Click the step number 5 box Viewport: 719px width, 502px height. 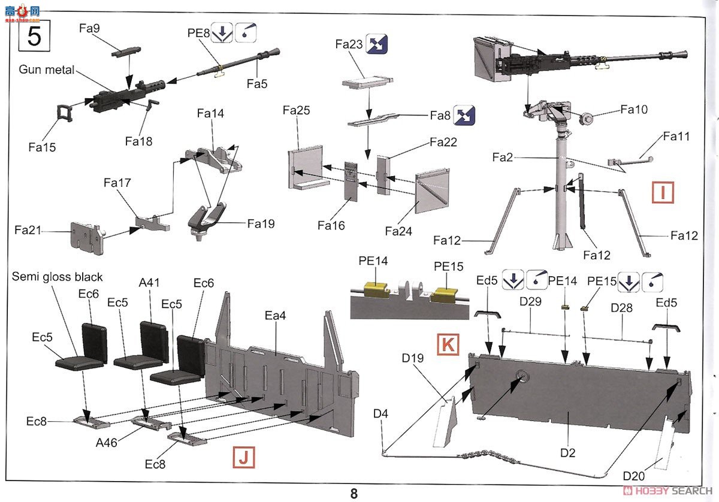click(35, 37)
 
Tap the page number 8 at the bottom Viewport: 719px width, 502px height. click(354, 493)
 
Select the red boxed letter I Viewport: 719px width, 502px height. click(663, 193)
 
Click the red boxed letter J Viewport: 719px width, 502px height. click(243, 458)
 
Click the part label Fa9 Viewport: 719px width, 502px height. click(89, 28)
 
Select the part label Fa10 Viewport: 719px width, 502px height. click(634, 110)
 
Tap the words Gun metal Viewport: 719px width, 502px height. click(47, 69)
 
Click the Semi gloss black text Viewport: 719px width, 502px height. click(58, 277)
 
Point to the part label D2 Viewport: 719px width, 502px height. click(567, 453)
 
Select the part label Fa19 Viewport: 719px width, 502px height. click(261, 223)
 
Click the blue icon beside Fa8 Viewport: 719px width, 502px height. click(464, 115)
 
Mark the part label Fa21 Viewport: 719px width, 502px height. click(28, 229)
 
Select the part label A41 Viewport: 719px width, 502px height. click(149, 283)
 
